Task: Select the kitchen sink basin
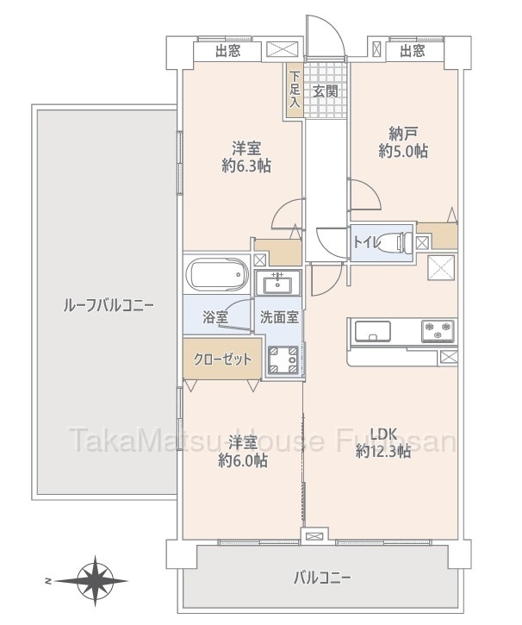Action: pyautogui.click(x=372, y=331)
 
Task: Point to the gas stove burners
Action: pyautogui.click(x=438, y=331)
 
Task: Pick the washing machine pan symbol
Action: pyautogui.click(x=283, y=360)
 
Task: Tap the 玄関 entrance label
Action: pyautogui.click(x=326, y=91)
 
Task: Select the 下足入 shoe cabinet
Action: pyautogui.click(x=295, y=91)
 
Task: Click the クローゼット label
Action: pyautogui.click(x=222, y=359)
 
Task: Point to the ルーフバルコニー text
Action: pyautogui.click(x=109, y=306)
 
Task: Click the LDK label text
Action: pyautogui.click(x=383, y=434)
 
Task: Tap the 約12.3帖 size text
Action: pyautogui.click(x=383, y=451)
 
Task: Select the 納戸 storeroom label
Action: pyautogui.click(x=403, y=134)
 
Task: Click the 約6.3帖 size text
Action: pyautogui.click(x=247, y=165)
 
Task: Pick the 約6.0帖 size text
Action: pyautogui.click(x=243, y=461)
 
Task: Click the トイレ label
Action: pyautogui.click(x=365, y=242)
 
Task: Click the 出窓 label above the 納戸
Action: pyautogui.click(x=413, y=51)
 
